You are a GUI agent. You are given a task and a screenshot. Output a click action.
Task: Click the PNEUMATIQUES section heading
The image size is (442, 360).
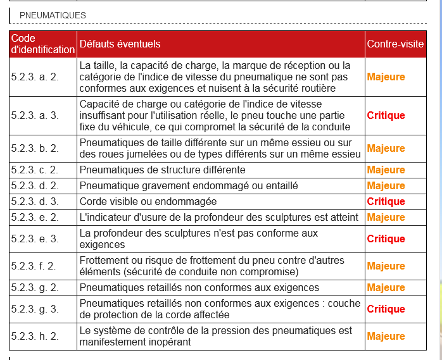pos(53,15)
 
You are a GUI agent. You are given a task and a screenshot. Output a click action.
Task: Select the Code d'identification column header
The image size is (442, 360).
pos(42,44)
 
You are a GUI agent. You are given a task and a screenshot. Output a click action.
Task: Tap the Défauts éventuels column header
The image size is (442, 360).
pos(120,44)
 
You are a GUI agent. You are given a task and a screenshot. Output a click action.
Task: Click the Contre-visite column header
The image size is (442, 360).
pos(395,44)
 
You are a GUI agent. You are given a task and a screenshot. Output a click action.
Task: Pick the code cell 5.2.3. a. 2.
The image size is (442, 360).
pos(35,77)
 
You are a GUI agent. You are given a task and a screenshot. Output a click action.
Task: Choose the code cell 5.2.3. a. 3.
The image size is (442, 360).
pos(35,115)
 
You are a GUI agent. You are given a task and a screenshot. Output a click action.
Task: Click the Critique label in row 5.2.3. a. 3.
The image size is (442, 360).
pos(386,115)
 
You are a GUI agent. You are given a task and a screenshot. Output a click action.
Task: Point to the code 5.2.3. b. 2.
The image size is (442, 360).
pos(35,148)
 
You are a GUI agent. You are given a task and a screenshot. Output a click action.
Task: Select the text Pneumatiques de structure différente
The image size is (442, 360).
pos(162,170)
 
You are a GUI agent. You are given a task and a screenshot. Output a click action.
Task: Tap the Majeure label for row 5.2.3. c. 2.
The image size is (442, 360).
pos(386,170)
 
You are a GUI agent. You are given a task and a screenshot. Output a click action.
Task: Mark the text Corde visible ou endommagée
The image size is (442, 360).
pos(148,201)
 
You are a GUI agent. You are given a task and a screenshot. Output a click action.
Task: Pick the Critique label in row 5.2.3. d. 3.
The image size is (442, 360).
pos(386,201)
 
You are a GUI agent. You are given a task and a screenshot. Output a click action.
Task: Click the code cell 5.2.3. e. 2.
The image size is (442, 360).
pos(35,217)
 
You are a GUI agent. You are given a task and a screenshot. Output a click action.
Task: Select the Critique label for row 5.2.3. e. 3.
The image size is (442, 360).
pos(386,239)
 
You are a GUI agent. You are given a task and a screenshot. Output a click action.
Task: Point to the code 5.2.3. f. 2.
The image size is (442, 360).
pos(34,266)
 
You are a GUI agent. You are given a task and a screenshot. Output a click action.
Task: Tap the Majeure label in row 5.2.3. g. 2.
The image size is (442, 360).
pos(386,288)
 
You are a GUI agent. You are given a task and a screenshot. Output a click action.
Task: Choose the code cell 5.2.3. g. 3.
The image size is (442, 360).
pos(35,309)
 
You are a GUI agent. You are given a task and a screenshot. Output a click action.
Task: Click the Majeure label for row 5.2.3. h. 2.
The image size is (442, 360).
pos(386,337)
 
